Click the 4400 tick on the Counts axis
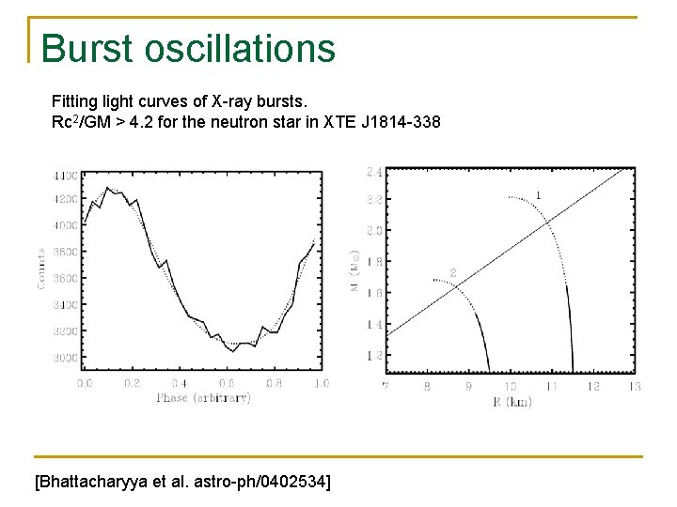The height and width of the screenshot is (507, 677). click(x=66, y=176)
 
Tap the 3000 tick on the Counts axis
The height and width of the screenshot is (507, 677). click(x=66, y=358)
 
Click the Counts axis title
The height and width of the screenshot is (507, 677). click(x=42, y=268)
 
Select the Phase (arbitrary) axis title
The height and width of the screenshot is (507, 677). click(x=203, y=397)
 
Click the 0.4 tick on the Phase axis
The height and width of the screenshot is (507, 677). click(x=179, y=383)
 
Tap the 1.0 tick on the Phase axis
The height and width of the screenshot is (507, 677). click(x=321, y=383)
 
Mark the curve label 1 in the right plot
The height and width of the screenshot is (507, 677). click(x=538, y=194)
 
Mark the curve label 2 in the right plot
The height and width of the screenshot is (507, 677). click(x=452, y=273)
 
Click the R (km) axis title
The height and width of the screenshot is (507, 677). click(x=511, y=402)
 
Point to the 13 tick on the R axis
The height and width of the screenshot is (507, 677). click(x=635, y=386)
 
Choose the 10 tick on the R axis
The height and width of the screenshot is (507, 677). click(x=510, y=386)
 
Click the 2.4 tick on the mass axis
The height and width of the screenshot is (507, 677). click(x=373, y=172)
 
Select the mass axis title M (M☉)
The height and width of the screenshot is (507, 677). click(x=354, y=270)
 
